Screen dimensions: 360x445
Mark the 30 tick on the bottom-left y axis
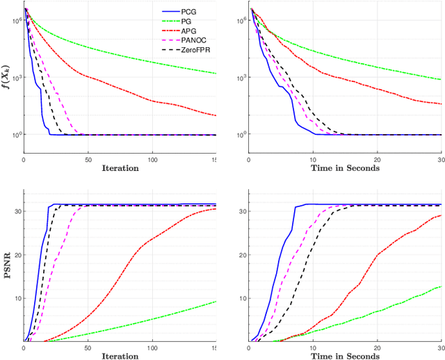point(17,211)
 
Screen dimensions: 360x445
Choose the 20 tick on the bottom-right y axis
point(243,255)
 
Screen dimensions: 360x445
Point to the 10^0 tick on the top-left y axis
point(15,134)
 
